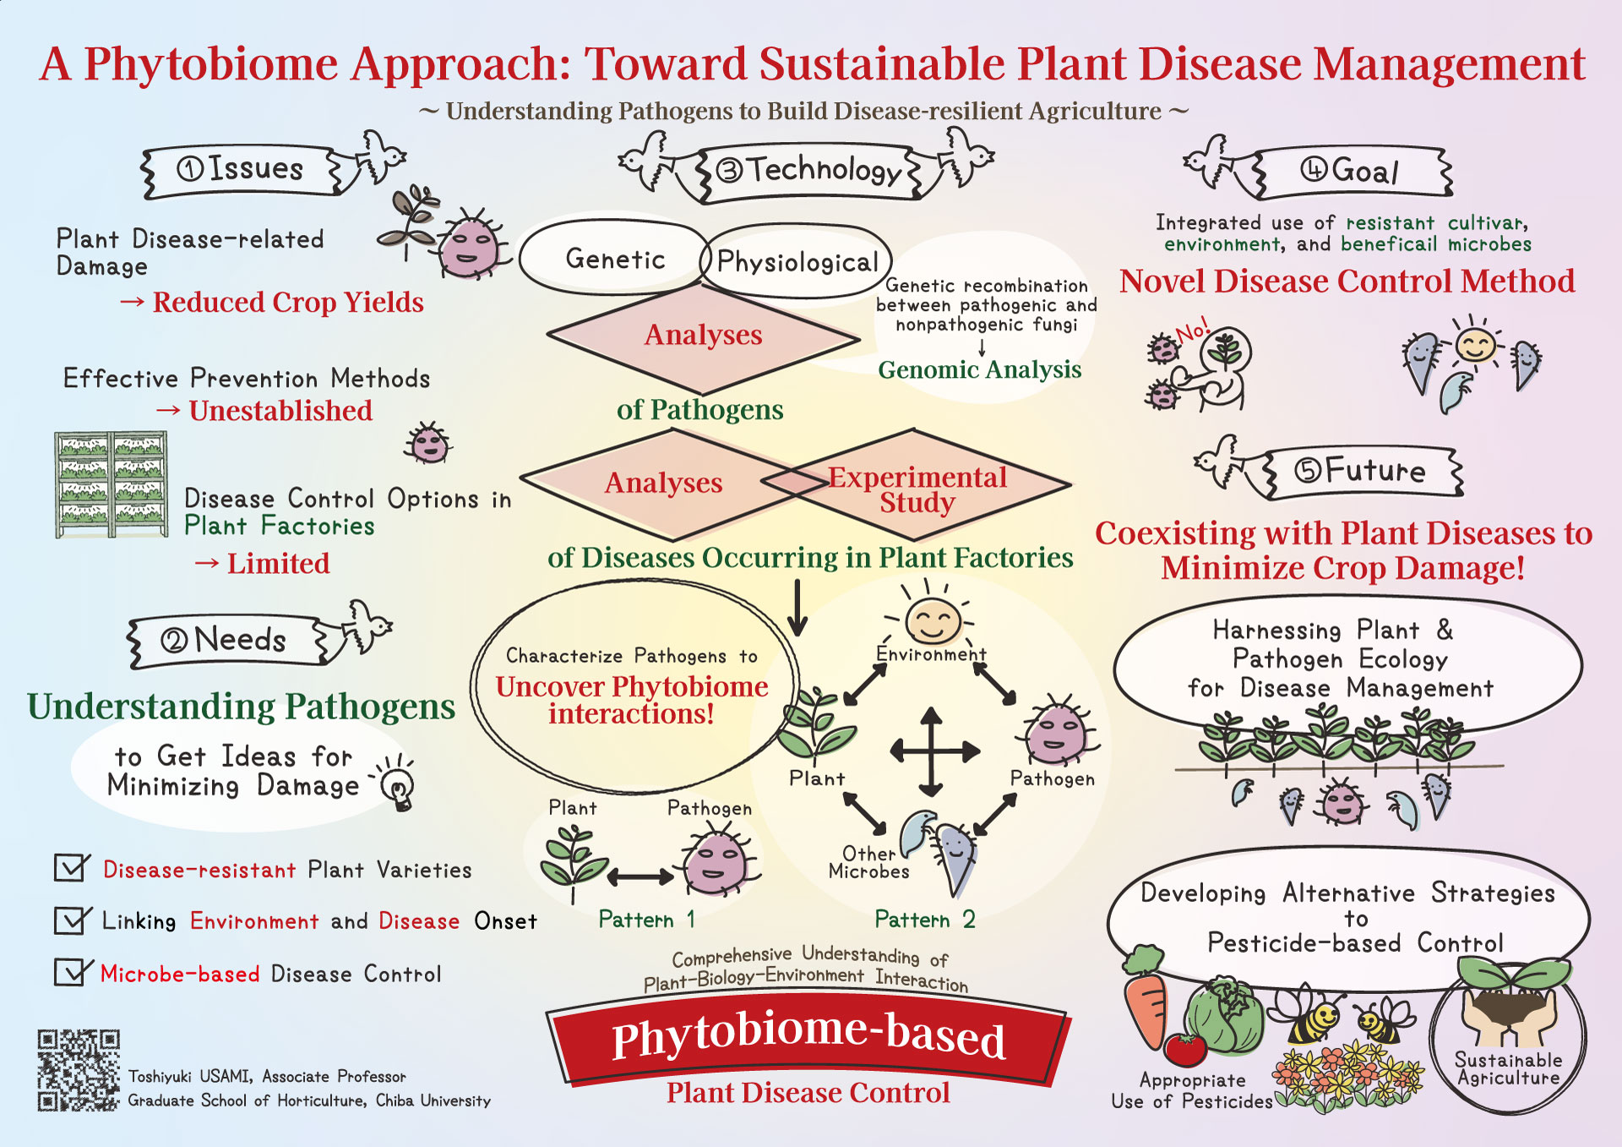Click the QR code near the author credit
[x=78, y=1069]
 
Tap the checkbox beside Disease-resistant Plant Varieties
[x=71, y=867]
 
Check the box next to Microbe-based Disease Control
[x=71, y=972]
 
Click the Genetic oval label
[x=614, y=259]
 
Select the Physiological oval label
[x=797, y=262]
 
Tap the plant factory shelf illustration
[x=111, y=484]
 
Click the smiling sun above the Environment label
[x=932, y=621]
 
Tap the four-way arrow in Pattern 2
[x=932, y=751]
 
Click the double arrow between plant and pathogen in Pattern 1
[x=640, y=877]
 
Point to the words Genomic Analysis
[x=979, y=369]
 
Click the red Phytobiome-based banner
[x=808, y=1038]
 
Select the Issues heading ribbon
[x=241, y=170]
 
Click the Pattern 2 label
[x=924, y=919]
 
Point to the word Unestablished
[x=280, y=411]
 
